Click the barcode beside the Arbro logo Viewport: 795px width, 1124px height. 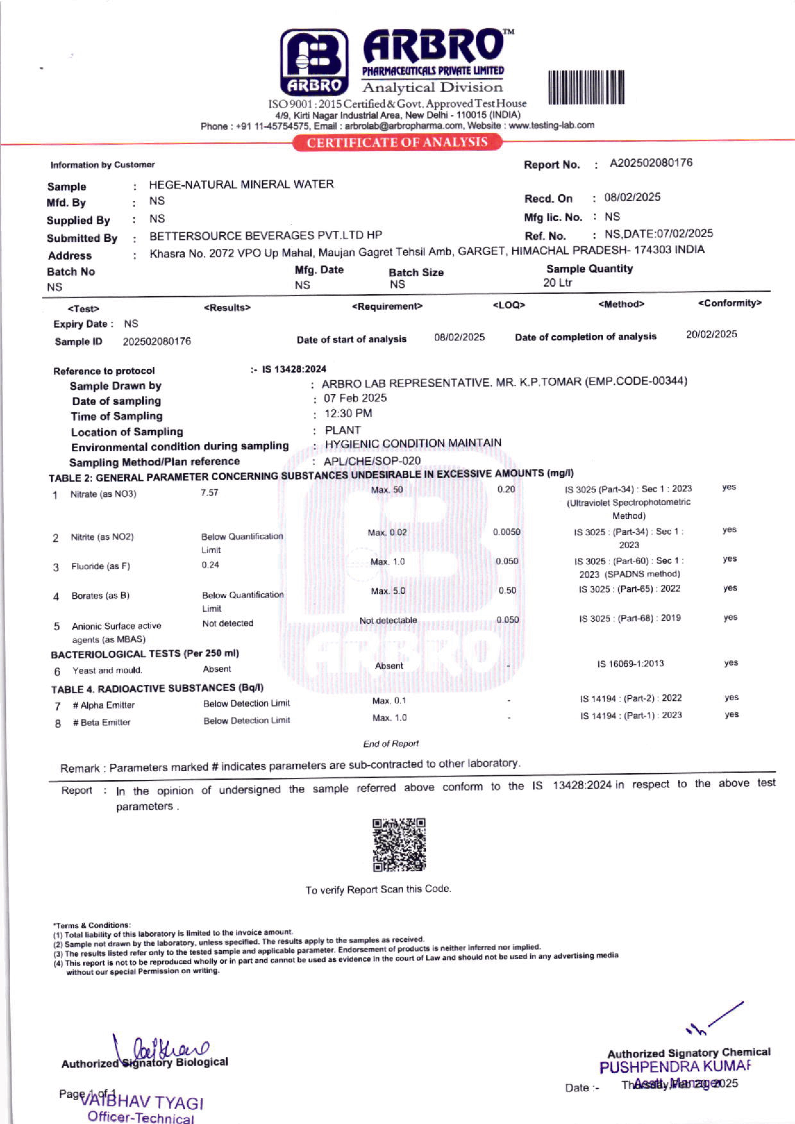[586, 87]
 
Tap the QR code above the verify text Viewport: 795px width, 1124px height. [399, 844]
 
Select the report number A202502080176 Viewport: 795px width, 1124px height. [651, 163]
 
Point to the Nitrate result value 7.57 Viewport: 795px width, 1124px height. [210, 492]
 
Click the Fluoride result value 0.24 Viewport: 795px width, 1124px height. [210, 565]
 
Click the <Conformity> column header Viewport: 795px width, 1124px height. [729, 303]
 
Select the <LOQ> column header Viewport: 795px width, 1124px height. [509, 305]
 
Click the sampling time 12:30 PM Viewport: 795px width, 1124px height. [348, 414]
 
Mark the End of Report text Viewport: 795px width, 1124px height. [391, 744]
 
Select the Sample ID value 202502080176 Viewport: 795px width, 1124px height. [157, 341]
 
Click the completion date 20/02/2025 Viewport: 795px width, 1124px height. [711, 334]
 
